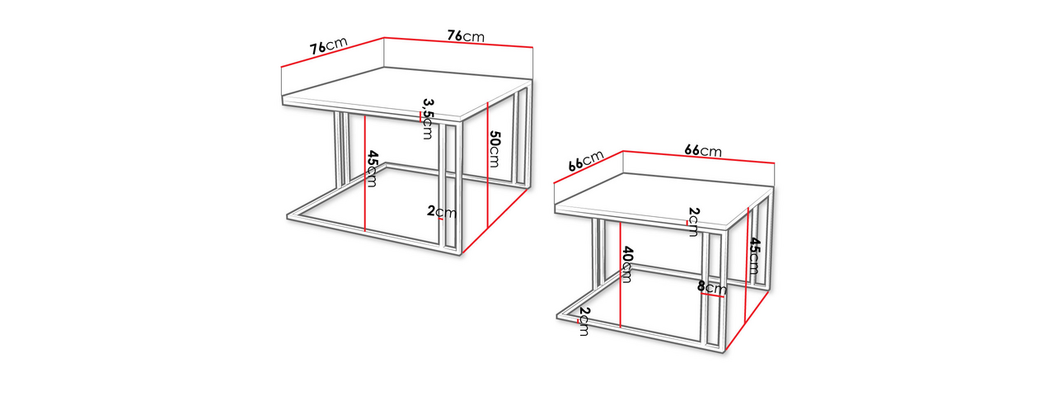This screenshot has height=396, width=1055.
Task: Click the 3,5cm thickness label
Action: coord(427,119)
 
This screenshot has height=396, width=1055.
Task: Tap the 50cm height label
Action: coord(494,149)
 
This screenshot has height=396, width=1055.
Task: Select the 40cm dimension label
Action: coord(627,265)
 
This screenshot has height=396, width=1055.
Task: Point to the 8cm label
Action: coord(711,287)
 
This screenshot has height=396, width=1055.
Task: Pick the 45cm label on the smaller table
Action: coord(753,256)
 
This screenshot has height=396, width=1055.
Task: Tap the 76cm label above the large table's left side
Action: coord(328,45)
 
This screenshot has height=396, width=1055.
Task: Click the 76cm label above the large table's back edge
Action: coord(466,35)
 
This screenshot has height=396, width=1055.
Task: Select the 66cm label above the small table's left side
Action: coord(586,161)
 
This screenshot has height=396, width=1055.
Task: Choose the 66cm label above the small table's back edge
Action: coord(703,151)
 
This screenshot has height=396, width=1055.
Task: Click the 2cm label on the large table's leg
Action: coord(442,212)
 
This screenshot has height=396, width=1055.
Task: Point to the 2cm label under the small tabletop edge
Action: coord(693,222)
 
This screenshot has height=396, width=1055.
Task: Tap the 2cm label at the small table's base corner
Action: coord(584,322)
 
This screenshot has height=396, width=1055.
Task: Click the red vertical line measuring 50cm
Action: coord(487,164)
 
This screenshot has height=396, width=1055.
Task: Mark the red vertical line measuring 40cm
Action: coord(621,275)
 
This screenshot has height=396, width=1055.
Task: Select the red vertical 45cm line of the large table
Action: coord(365,173)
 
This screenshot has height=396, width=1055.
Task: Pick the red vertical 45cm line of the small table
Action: coord(747,265)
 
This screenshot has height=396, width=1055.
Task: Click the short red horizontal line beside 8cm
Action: coord(713,295)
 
